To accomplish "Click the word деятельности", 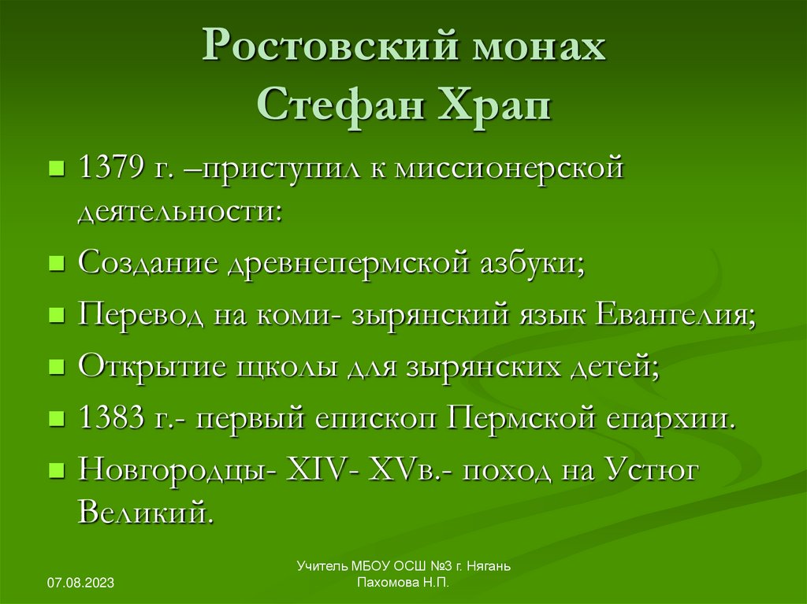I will tap(178, 211).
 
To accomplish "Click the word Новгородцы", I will tap(172, 469).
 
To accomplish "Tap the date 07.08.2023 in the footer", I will tap(81, 583).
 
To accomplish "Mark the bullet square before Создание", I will tap(56, 264).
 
